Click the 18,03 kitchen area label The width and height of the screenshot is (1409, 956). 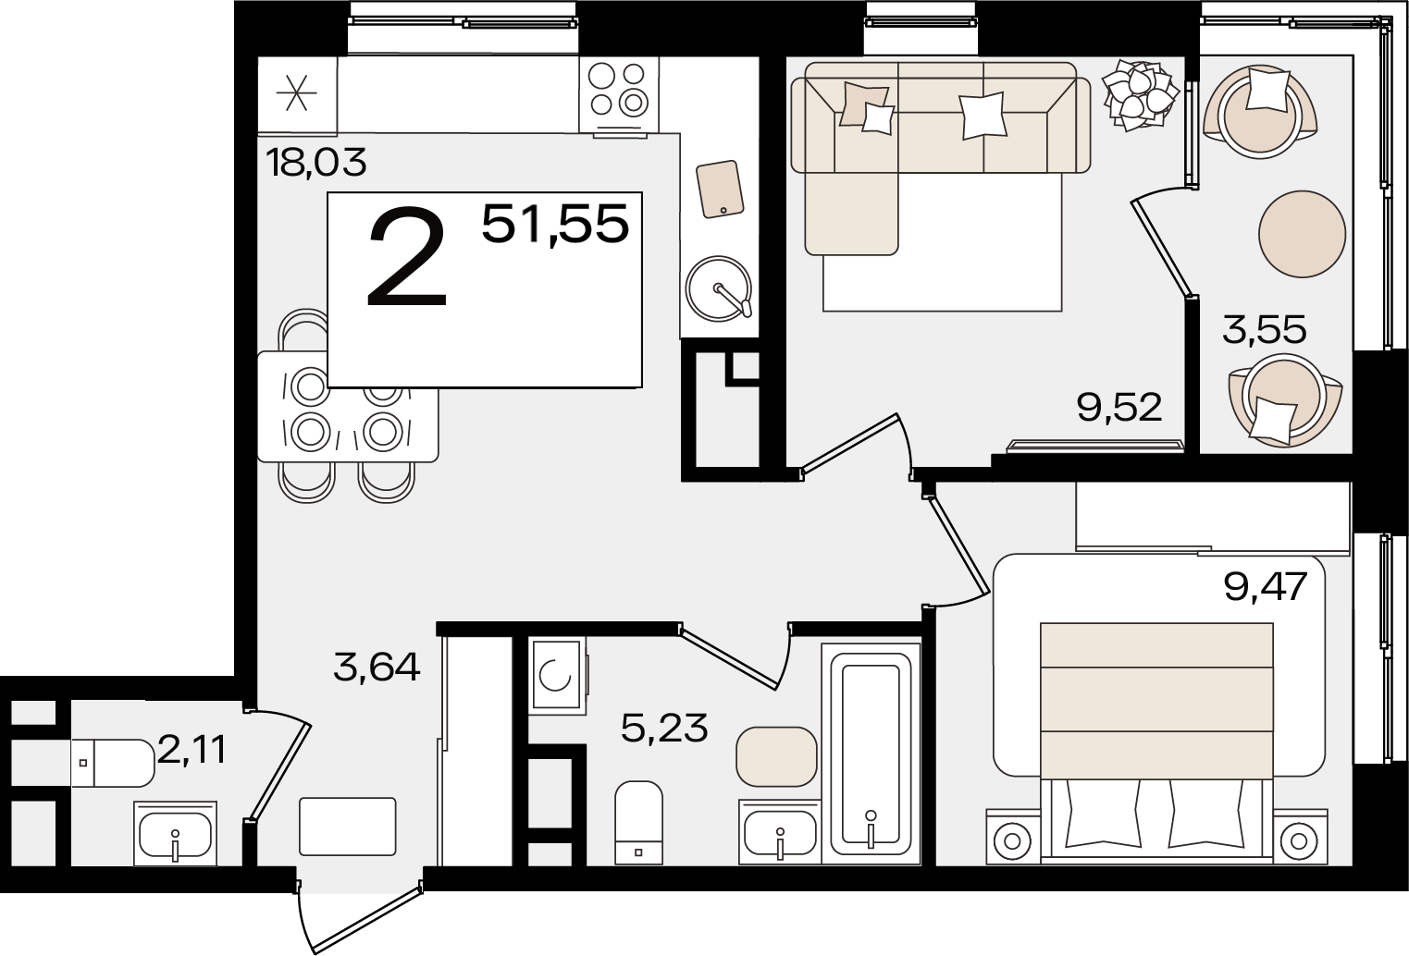(315, 162)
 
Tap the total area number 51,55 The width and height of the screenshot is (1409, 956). (555, 225)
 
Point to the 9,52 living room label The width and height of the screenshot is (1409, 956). (1119, 407)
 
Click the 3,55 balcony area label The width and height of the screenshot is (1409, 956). (1265, 329)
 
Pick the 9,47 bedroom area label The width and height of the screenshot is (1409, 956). (1266, 586)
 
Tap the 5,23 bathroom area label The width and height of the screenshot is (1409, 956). (664, 728)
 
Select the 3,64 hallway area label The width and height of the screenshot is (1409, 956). (377, 667)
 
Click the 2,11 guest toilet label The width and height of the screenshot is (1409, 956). (192, 750)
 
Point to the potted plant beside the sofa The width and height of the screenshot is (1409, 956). (1140, 95)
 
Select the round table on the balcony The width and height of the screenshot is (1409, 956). (1302, 234)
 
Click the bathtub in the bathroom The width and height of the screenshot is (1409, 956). (871, 753)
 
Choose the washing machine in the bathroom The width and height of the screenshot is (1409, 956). (557, 676)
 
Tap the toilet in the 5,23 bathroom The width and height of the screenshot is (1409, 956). (638, 822)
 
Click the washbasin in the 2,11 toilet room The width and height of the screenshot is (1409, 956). (176, 833)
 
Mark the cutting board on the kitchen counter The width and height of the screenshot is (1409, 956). (720, 190)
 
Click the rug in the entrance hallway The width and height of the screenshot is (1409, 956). (347, 827)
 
